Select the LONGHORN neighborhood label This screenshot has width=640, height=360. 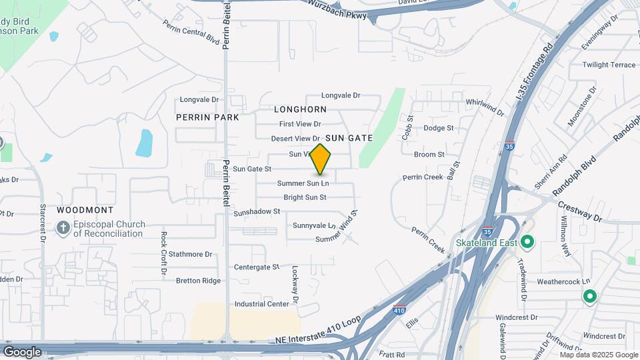coord(300,109)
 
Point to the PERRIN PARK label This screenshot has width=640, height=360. coord(207,117)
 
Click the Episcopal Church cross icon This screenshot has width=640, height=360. coord(63,229)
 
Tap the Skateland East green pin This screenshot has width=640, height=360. coord(528,242)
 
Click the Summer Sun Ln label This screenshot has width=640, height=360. coord(303,183)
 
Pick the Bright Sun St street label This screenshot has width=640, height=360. coord(305,197)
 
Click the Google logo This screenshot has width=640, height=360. coord(22,351)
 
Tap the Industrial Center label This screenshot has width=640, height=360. coord(262,304)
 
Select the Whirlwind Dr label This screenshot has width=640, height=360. coord(485,107)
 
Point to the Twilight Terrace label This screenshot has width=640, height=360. coord(609,65)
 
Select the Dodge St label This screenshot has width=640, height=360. coord(438,128)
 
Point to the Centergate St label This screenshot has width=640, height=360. coord(257,267)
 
